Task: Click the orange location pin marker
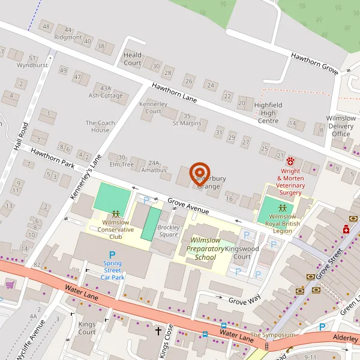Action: click(x=199, y=173)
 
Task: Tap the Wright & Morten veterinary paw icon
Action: click(x=291, y=161)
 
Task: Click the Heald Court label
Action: click(x=133, y=59)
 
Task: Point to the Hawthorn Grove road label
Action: click(x=314, y=63)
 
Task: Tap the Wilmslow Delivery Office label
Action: click(x=341, y=126)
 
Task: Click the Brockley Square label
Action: click(x=168, y=230)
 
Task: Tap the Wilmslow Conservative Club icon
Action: click(x=115, y=213)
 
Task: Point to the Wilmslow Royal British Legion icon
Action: click(x=282, y=208)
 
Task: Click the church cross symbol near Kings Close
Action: click(x=159, y=331)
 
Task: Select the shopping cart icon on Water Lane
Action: click(x=9, y=284)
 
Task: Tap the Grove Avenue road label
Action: click(x=188, y=206)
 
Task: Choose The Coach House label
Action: click(x=100, y=127)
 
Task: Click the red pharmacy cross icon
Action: click(x=346, y=229)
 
